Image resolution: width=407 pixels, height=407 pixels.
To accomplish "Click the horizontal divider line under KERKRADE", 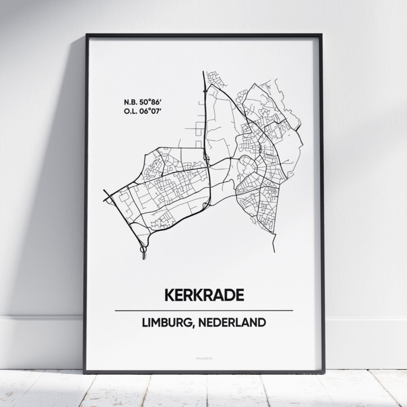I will click(203, 310).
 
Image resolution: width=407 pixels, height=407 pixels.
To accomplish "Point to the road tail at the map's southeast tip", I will click(275, 249).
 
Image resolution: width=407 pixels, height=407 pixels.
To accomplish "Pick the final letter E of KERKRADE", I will click(239, 295).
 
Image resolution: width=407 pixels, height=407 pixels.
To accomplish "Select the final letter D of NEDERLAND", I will click(261, 322).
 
